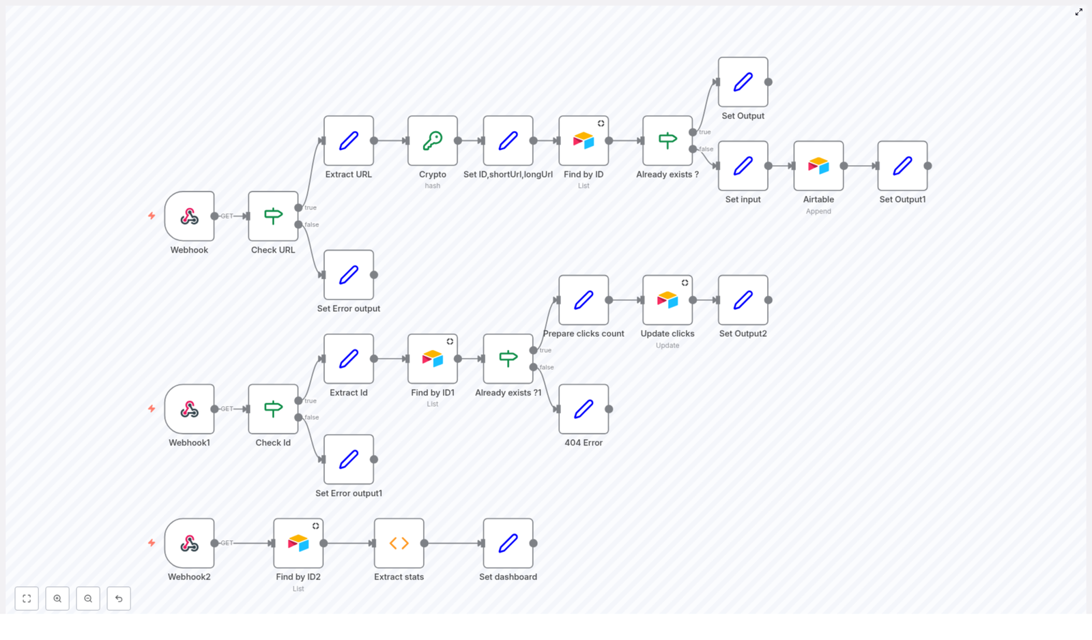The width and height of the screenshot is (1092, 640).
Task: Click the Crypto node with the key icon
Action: click(432, 141)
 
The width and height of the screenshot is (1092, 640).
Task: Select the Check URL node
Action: click(273, 216)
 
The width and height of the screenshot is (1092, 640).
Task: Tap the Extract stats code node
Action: click(399, 543)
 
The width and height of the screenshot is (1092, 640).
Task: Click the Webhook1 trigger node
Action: click(189, 409)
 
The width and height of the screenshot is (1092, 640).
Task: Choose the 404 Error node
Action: click(584, 409)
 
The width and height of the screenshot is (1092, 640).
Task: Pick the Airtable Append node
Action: click(818, 166)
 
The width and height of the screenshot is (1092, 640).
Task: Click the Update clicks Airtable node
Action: click(667, 300)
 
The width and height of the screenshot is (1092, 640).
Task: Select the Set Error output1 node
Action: click(348, 459)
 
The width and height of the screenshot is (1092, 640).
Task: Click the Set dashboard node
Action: click(508, 543)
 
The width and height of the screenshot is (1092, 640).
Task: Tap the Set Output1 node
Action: click(902, 166)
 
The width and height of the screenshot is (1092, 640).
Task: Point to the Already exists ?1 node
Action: click(508, 359)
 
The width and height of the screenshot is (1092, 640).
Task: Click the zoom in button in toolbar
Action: click(57, 598)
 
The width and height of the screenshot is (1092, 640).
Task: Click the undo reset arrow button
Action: click(119, 598)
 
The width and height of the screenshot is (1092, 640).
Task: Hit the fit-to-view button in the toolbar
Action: click(27, 598)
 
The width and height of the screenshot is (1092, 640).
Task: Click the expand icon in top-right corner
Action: click(1078, 12)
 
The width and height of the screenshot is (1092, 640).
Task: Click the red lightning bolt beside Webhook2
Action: click(152, 543)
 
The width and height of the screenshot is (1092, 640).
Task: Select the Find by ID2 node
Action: click(298, 543)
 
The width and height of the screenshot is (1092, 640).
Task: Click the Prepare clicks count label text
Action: click(584, 334)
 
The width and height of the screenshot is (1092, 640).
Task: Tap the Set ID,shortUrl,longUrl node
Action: click(508, 141)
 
